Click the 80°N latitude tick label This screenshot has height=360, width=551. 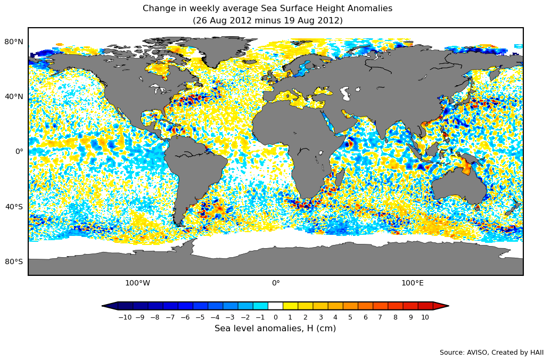point(14,42)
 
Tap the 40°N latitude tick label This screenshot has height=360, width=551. point(14,96)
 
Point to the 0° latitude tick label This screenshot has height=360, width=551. point(19,151)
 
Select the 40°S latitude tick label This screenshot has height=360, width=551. point(14,207)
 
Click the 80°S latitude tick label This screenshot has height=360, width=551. point(14,261)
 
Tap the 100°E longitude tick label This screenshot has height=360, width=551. point(413,283)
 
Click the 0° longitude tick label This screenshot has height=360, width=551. point(276,283)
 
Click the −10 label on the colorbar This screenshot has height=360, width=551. point(125,317)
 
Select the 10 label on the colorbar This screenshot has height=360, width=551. point(425,317)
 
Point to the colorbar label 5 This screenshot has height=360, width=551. point(350,317)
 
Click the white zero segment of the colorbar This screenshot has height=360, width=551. point(275,306)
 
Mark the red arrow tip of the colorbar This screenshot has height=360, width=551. point(441,306)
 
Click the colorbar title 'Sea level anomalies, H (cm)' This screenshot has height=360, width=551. point(275,329)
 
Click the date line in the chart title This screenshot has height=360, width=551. point(267,21)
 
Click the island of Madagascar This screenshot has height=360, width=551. point(339,178)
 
